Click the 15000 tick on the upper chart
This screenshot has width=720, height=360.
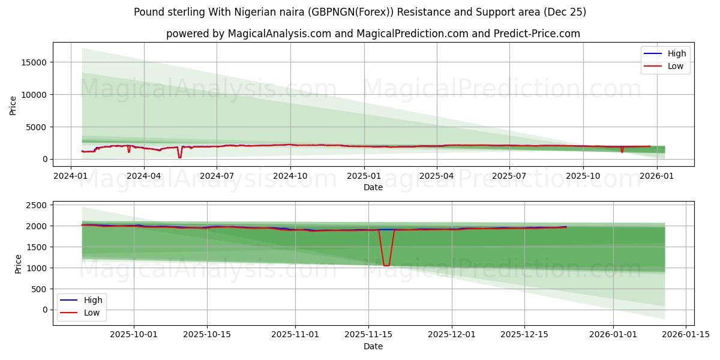click(x=33, y=62)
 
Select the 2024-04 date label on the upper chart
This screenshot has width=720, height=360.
click(x=143, y=176)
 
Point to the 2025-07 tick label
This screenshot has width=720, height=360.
click(x=509, y=176)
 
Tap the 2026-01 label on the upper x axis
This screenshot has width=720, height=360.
click(x=657, y=176)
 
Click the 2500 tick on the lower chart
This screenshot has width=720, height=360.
click(x=37, y=205)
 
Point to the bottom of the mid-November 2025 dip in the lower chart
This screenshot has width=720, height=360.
click(x=386, y=265)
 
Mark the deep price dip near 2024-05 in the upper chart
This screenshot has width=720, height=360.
click(x=179, y=157)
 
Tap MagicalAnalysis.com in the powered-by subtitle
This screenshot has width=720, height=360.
click(x=279, y=34)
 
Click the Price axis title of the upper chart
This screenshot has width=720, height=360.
click(x=13, y=106)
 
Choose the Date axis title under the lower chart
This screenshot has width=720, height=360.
click(x=373, y=346)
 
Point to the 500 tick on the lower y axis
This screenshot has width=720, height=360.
click(x=39, y=289)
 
